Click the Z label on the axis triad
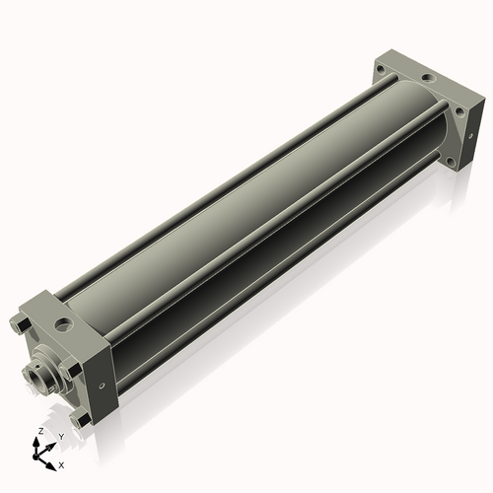coord(40,431)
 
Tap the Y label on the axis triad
coord(61,437)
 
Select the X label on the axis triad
coord(61,465)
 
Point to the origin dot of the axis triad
coord(35,457)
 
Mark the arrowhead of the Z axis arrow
coord(35,442)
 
